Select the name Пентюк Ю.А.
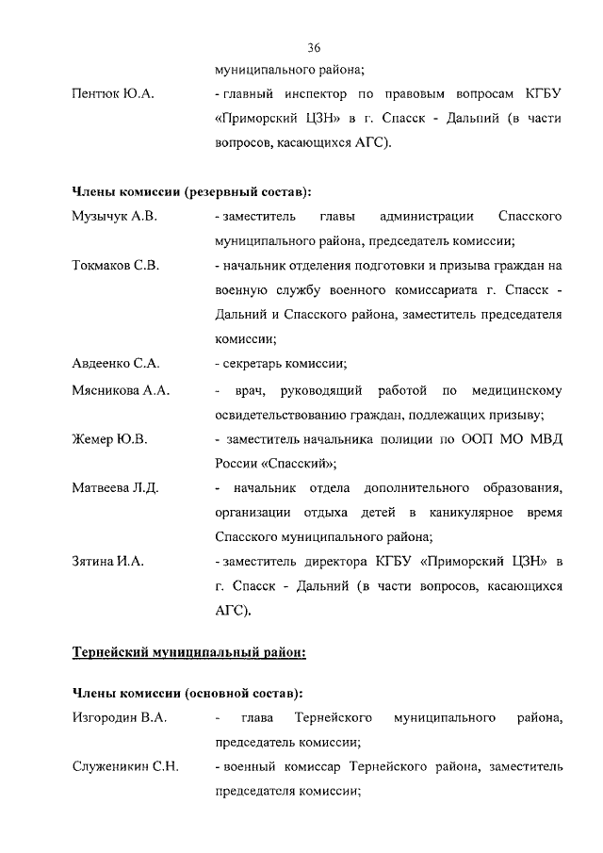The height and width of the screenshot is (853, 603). (113, 95)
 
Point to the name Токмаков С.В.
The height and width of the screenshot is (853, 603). (116, 266)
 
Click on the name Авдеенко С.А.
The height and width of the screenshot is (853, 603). (115, 364)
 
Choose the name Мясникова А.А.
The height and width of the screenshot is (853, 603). (121, 390)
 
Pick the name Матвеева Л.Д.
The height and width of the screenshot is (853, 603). (115, 487)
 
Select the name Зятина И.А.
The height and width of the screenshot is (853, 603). (107, 562)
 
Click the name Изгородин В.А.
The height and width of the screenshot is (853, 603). (120, 719)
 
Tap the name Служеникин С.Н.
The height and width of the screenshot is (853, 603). (125, 768)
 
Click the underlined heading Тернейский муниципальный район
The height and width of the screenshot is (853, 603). (189, 650)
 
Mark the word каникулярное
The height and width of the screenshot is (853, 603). (483, 512)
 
